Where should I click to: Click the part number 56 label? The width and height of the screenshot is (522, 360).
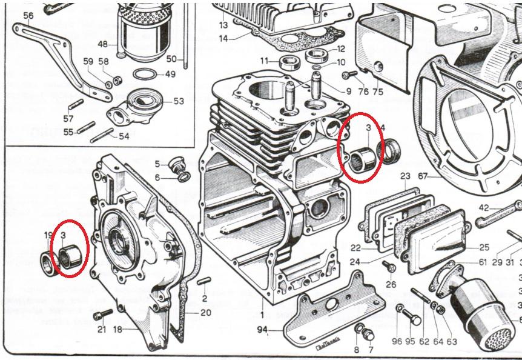[28, 15]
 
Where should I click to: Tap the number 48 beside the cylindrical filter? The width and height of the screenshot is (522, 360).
[103, 44]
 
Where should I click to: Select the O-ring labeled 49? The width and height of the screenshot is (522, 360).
[142, 75]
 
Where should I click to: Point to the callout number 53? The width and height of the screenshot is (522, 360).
[178, 101]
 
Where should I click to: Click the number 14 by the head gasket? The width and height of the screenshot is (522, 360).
[223, 39]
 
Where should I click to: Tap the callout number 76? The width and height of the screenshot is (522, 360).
[363, 92]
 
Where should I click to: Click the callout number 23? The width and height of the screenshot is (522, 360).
[405, 176]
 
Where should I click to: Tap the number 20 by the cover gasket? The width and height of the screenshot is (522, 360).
[206, 313]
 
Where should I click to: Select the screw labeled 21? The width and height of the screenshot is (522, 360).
[104, 315]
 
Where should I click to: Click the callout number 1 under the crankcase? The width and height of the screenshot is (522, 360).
[262, 315]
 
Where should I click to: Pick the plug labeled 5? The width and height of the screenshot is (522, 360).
[177, 165]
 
